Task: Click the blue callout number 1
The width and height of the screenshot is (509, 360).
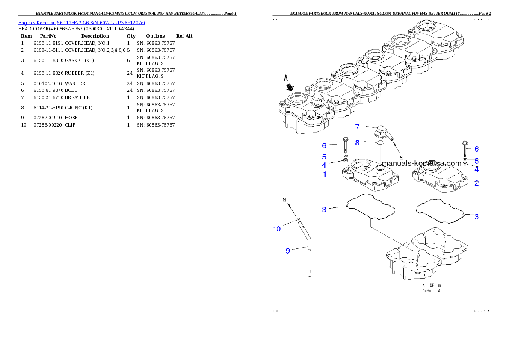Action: [325, 174]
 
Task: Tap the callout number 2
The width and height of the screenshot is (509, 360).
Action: [476, 183]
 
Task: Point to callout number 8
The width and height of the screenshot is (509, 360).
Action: [358, 143]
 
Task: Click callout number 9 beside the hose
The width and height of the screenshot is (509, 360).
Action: [288, 251]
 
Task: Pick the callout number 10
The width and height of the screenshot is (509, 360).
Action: [277, 229]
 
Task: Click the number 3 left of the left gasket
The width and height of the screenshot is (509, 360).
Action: [324, 209]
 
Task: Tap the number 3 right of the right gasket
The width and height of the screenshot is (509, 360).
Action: [476, 217]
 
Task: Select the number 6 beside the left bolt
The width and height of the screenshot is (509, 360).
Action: [324, 146]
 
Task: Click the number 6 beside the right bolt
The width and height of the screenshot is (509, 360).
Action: [476, 149]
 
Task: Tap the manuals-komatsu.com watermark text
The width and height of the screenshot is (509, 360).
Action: [421, 163]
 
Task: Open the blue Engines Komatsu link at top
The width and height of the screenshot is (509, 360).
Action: [81, 22]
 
